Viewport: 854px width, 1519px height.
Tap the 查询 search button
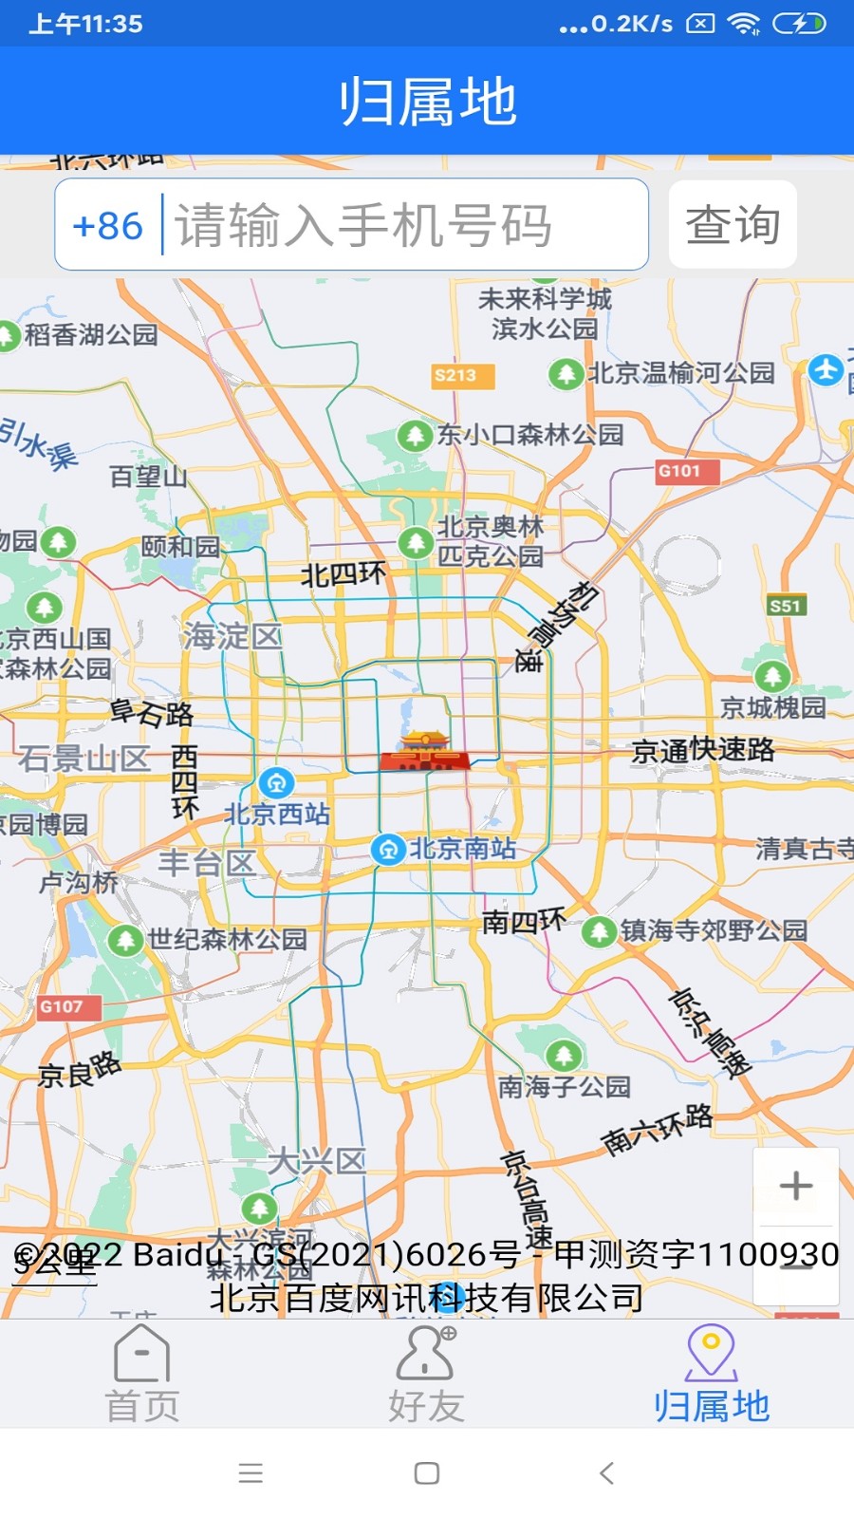(x=733, y=225)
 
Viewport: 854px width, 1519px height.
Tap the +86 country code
(x=107, y=226)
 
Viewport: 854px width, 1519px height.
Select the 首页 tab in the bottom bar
(x=141, y=1375)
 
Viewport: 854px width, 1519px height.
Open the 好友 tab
(x=426, y=1375)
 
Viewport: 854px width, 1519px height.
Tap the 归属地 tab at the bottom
(x=711, y=1375)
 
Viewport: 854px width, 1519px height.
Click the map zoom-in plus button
(x=795, y=1186)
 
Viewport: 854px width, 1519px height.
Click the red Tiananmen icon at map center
(x=424, y=750)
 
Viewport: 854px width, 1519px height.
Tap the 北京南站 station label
(x=462, y=848)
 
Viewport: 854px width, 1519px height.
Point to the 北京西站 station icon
(x=276, y=783)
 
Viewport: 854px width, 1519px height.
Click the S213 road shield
(x=455, y=376)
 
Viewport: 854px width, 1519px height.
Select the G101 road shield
(x=679, y=471)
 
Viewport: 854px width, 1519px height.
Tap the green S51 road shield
(x=786, y=606)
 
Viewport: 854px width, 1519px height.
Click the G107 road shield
(x=61, y=1006)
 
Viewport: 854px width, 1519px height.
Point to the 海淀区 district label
(x=232, y=635)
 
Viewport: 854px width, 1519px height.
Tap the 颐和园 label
(x=180, y=546)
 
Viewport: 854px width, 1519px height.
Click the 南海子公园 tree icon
(x=564, y=1055)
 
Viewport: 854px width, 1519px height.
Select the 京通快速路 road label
(x=703, y=750)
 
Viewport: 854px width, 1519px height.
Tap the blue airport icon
(x=826, y=369)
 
